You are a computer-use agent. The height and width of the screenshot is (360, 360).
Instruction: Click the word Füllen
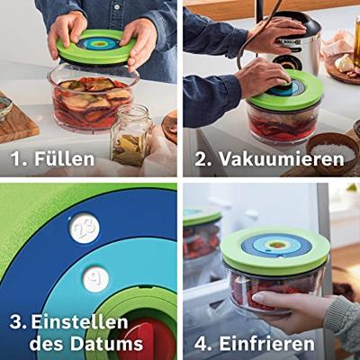tap(65, 158)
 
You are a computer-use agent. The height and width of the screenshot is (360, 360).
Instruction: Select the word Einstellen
tap(80, 322)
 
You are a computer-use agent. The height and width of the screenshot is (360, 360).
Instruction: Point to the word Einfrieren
tap(267, 344)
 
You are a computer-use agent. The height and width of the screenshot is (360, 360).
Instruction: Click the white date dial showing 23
tap(85, 229)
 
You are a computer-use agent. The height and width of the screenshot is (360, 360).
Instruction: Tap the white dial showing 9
tap(95, 279)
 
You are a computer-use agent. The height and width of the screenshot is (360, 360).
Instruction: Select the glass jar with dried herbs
tap(130, 135)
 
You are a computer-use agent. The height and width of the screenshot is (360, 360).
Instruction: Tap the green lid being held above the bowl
tap(96, 48)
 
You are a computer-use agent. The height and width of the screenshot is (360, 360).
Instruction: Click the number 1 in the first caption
tap(16, 158)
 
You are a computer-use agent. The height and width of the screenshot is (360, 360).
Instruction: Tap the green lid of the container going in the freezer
tap(275, 249)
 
